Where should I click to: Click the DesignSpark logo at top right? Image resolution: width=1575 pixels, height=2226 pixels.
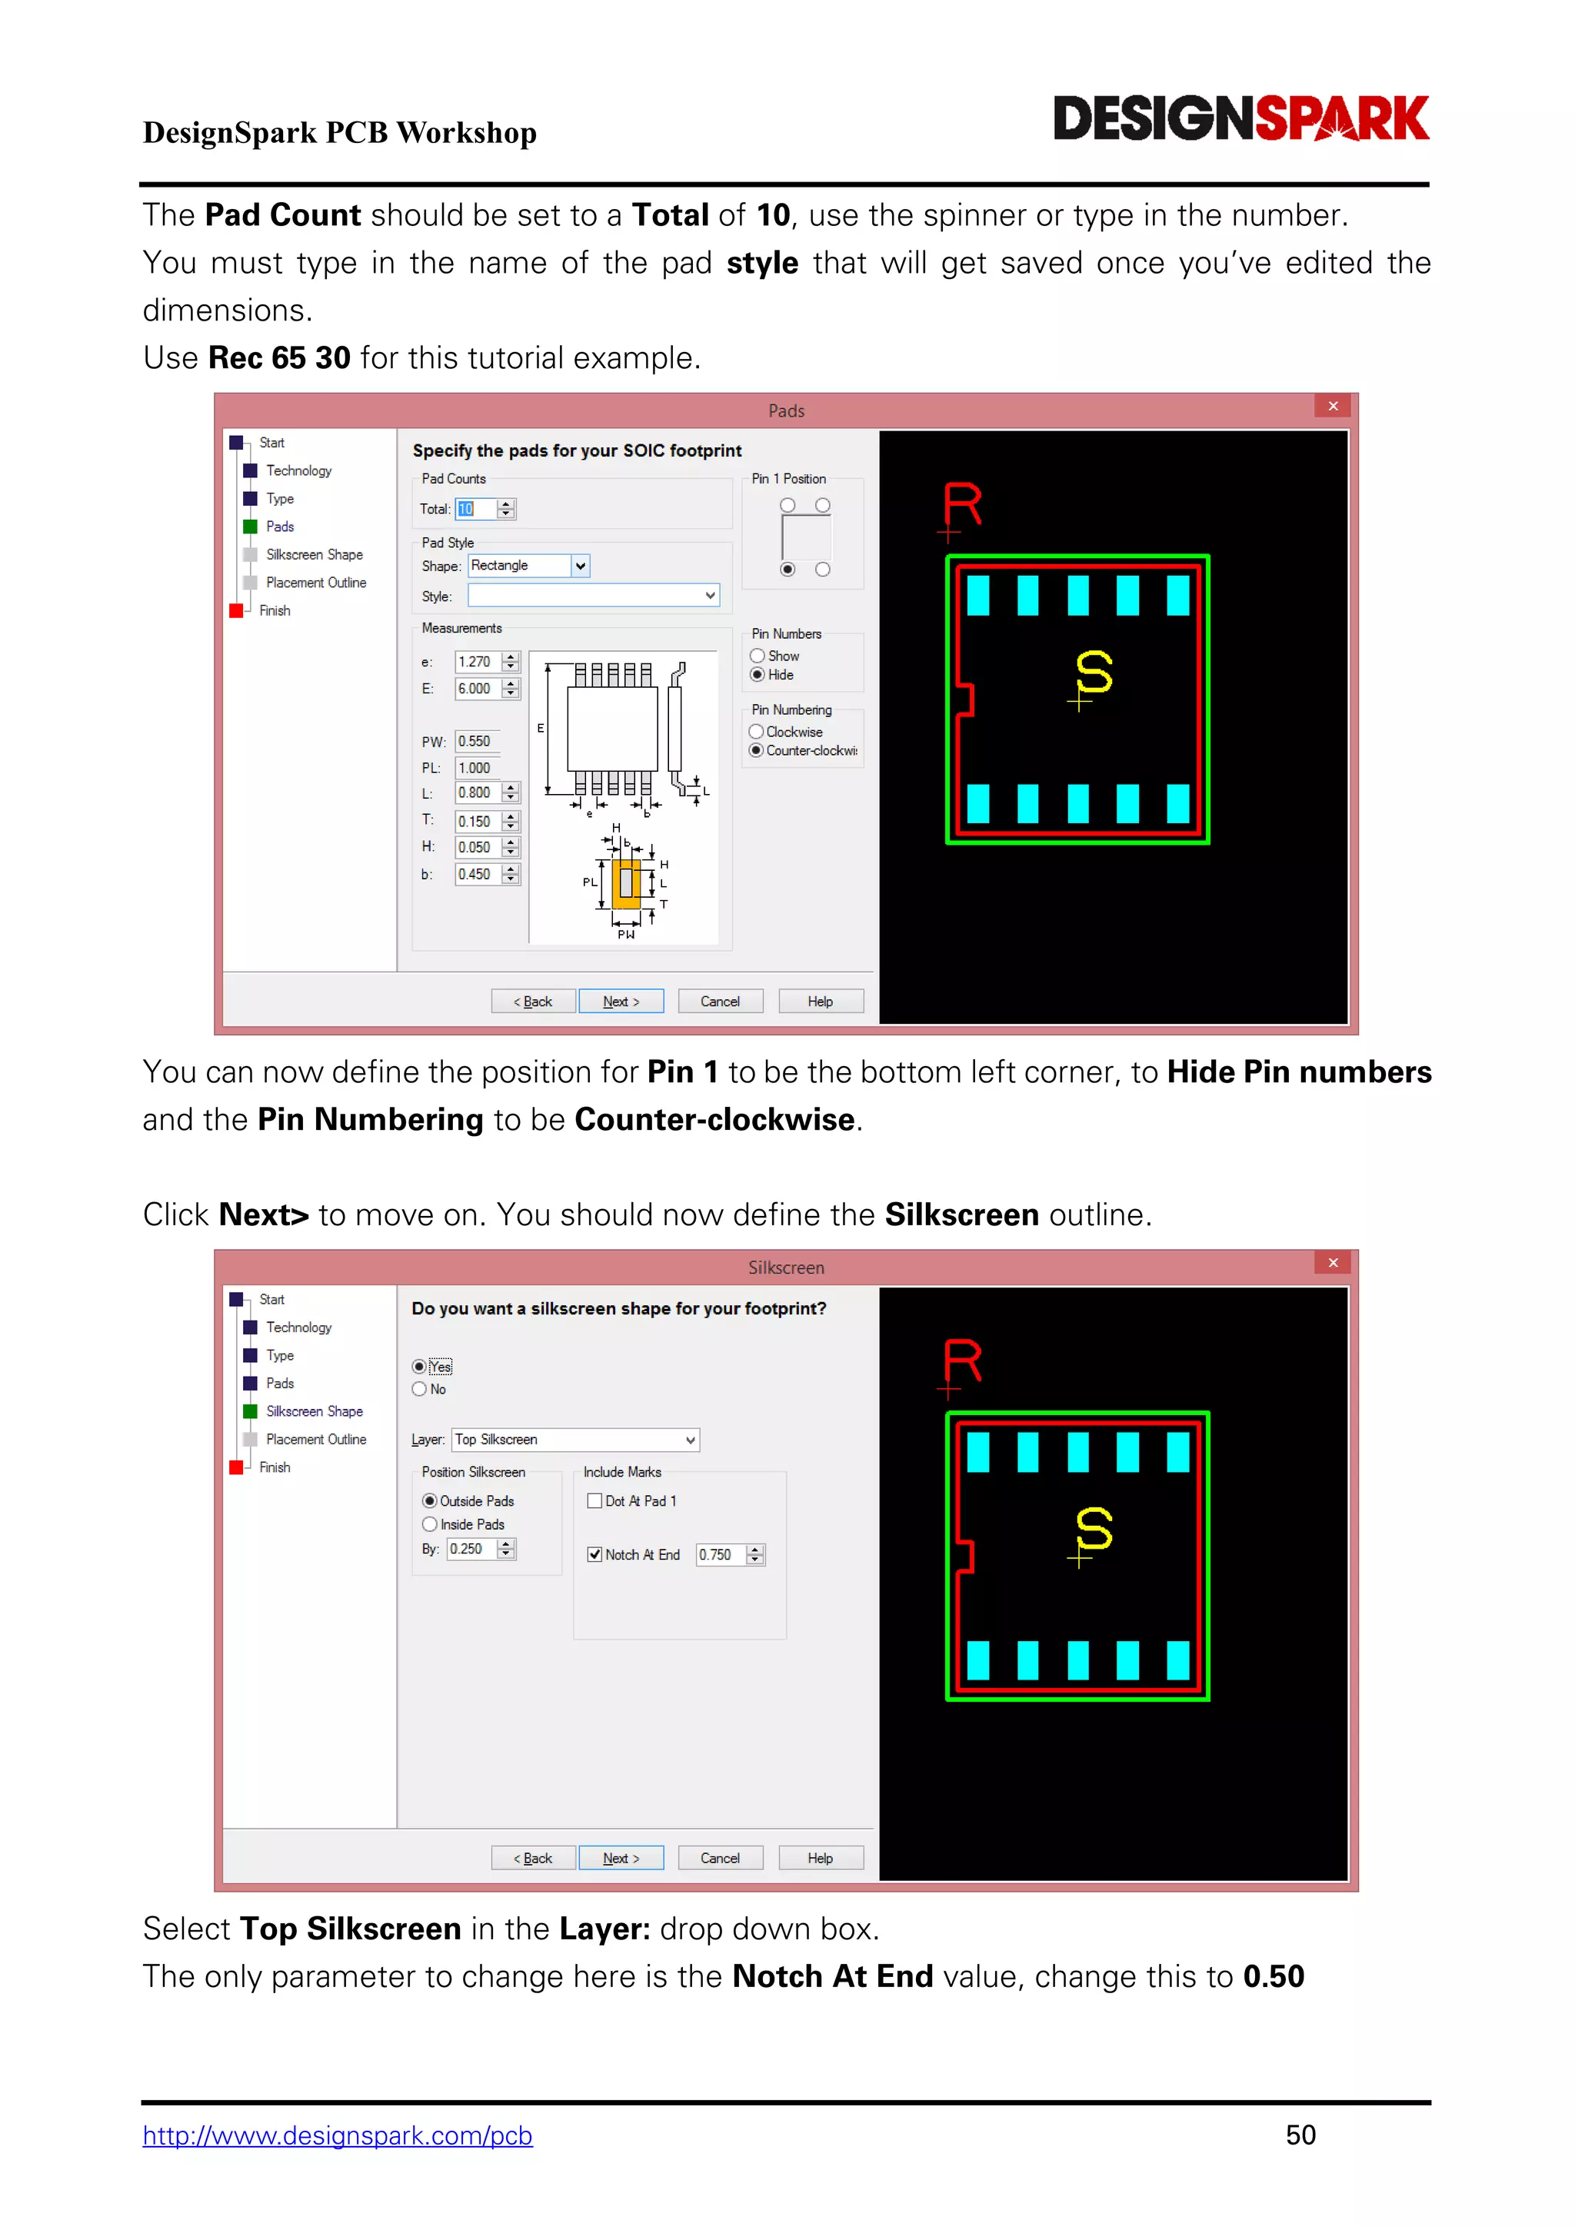tap(1240, 118)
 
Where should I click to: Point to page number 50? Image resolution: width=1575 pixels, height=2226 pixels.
tap(1300, 2135)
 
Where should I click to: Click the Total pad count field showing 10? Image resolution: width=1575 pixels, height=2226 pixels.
tap(475, 509)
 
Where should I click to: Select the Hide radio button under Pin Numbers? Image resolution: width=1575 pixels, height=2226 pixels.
tap(758, 675)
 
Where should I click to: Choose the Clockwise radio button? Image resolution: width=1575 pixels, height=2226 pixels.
tap(757, 732)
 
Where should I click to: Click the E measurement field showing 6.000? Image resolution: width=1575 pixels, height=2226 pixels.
tap(477, 689)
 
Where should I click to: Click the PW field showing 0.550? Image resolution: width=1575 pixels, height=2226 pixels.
tap(477, 742)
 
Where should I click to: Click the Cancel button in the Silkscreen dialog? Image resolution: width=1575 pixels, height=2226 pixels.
tap(720, 1858)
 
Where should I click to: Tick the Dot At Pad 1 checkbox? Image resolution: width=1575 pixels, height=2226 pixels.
tap(594, 1501)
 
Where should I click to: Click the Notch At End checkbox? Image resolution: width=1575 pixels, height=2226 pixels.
tap(594, 1554)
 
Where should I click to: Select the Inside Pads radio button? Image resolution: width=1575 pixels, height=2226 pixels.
tap(430, 1524)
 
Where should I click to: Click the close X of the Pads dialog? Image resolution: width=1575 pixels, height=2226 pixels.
tap(1333, 406)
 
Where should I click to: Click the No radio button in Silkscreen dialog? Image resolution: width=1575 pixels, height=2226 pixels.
tap(420, 1389)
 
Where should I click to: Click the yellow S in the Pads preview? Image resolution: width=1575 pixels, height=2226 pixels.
tap(1094, 672)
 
